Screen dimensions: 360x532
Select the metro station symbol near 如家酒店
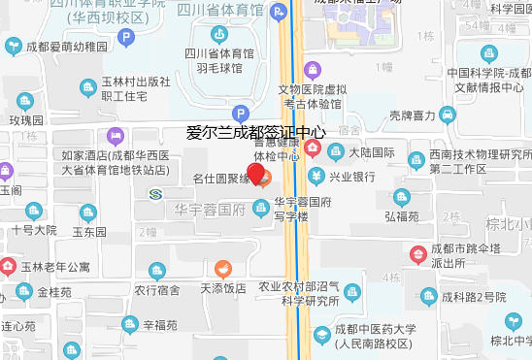point(157,194)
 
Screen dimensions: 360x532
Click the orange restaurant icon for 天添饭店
point(223,269)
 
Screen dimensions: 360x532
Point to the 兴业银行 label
point(351,177)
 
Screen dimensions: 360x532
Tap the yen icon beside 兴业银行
point(316,177)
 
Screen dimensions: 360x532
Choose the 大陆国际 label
point(372,152)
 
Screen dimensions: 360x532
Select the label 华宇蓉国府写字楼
point(303,209)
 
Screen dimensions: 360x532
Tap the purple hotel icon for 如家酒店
point(116,136)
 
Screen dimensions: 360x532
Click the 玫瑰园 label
point(27,120)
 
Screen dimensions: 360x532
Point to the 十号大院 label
point(35,230)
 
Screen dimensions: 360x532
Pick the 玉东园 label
point(88,233)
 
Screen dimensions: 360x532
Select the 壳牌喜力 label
point(411,115)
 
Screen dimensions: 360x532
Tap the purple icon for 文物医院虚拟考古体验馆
point(312,69)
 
